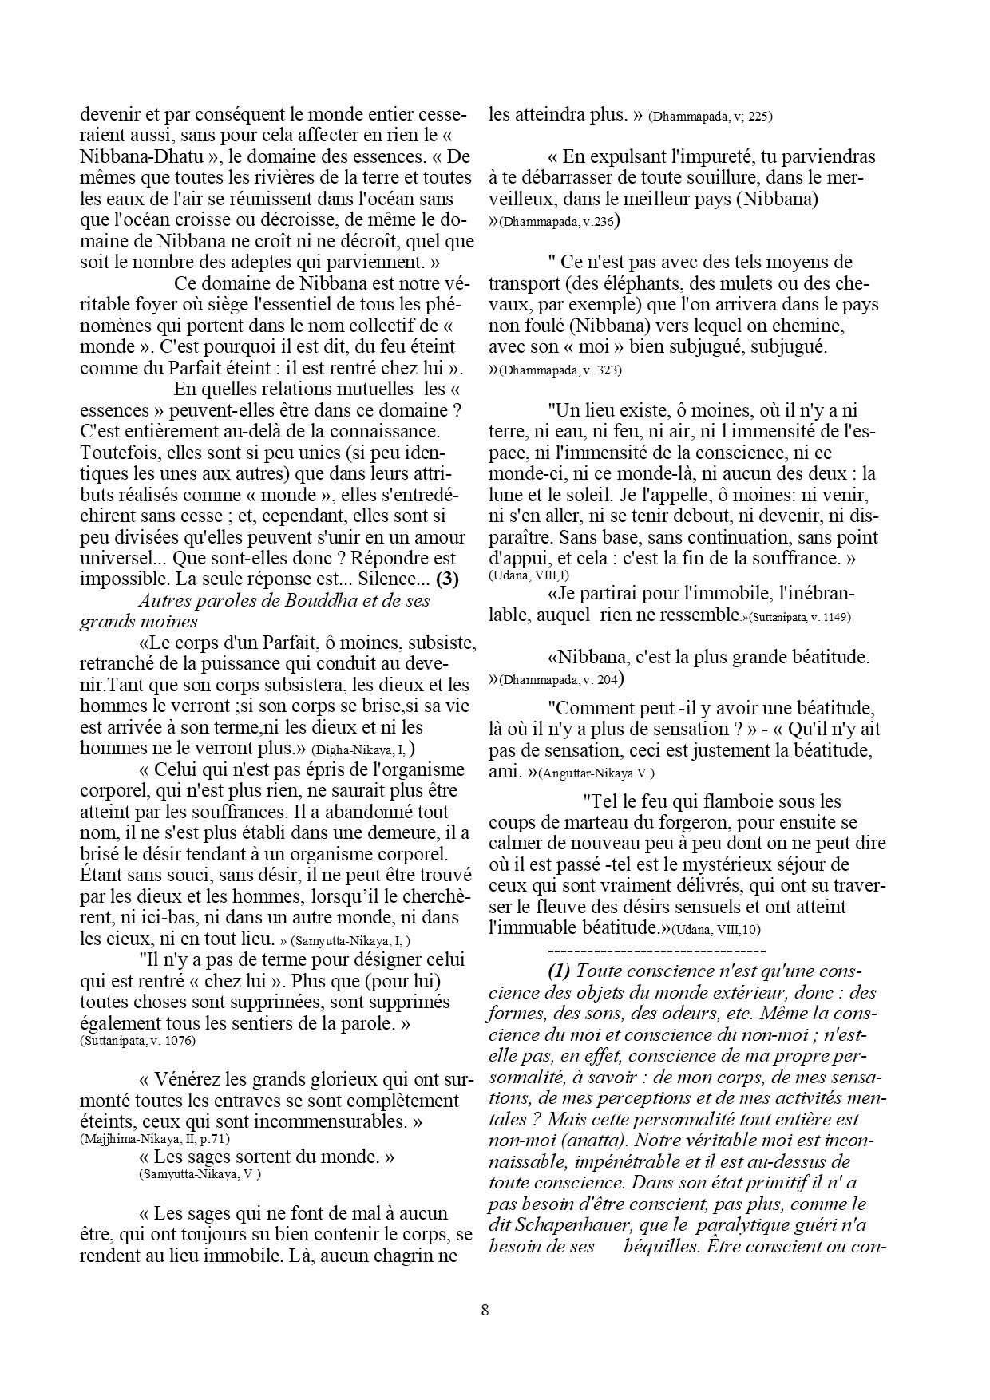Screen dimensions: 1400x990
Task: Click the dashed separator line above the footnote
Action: pos(657,951)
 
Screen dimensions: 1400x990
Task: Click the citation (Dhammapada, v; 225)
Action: pos(710,116)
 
